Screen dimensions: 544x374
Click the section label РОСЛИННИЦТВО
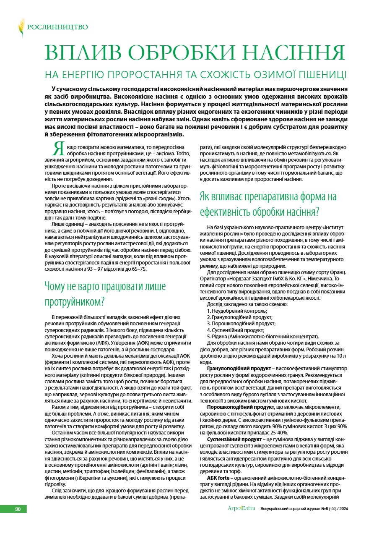(x=57, y=28)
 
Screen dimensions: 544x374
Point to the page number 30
(x=18, y=509)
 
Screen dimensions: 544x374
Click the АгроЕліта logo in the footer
(x=241, y=509)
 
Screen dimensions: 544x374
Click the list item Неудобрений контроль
(x=239, y=311)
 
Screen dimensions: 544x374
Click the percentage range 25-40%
(x=277, y=433)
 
